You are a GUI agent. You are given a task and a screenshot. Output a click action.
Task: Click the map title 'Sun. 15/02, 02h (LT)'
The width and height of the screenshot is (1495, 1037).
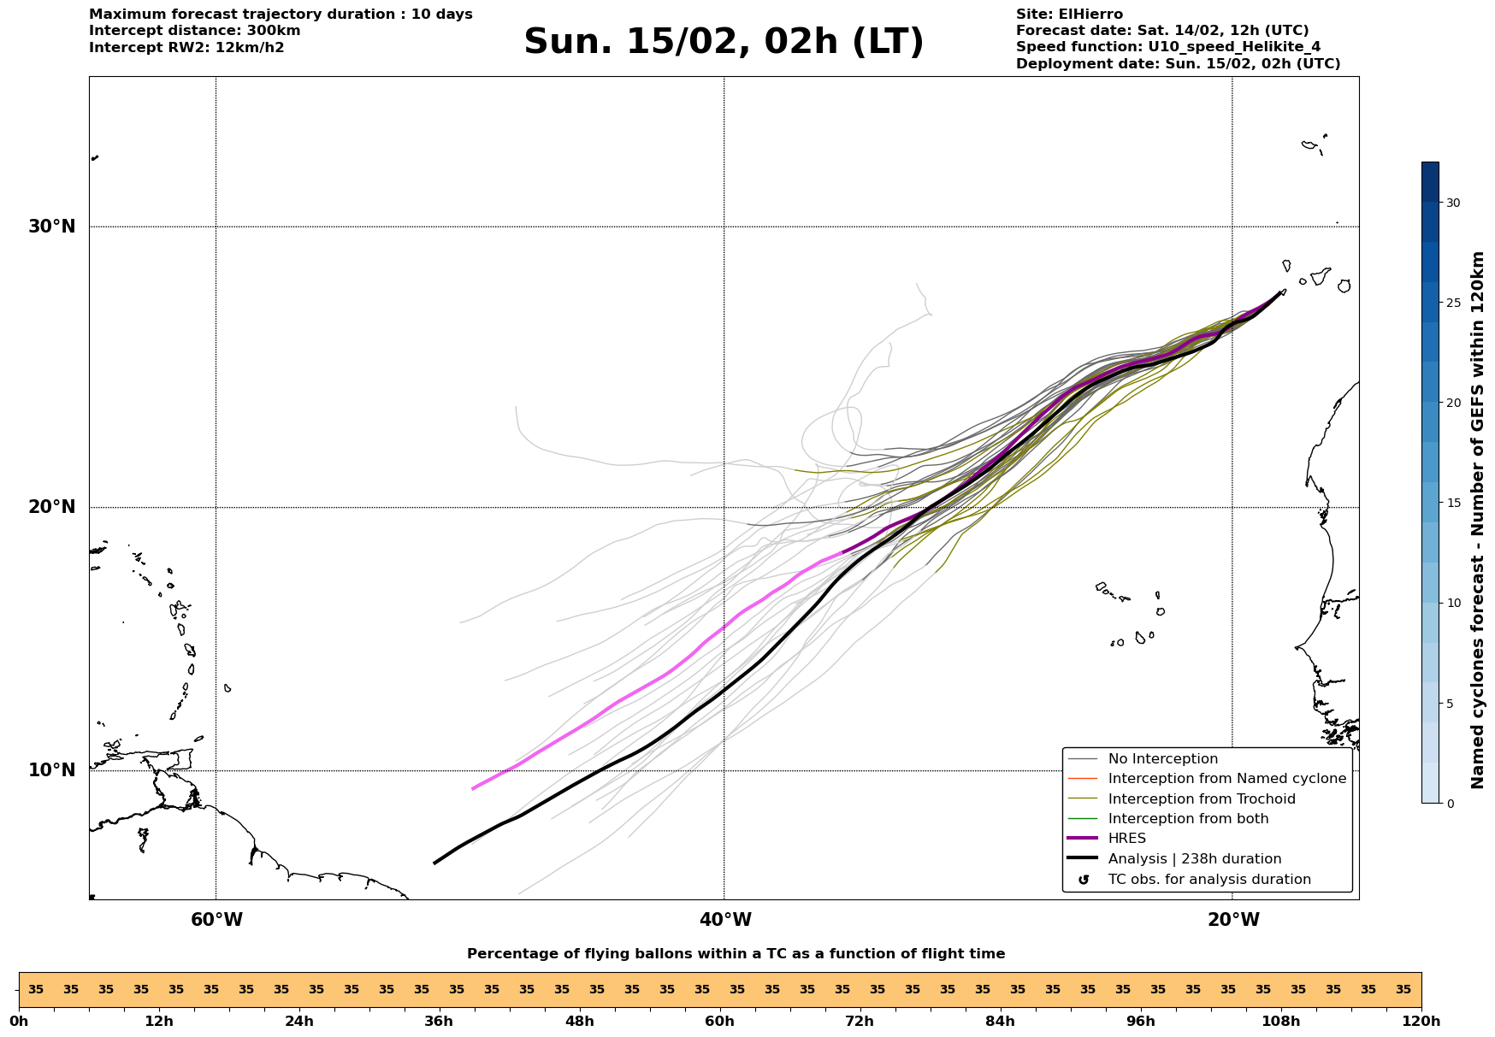pos(724,42)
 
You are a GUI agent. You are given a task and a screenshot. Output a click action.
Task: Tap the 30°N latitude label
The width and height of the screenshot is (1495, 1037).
pos(51,227)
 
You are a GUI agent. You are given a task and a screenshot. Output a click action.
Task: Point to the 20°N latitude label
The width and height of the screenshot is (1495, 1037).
pos(51,507)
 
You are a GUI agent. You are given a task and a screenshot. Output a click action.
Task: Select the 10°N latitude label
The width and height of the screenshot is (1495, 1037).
pos(51,770)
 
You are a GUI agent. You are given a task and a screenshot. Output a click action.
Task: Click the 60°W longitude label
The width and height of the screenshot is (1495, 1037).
pos(216,920)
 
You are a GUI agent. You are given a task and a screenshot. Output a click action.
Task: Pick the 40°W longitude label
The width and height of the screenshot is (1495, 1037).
pos(725,920)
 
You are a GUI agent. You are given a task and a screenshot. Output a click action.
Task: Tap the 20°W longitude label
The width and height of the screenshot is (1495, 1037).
pos(1233,920)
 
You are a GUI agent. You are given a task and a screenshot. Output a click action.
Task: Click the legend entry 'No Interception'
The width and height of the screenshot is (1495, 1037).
pos(1162,759)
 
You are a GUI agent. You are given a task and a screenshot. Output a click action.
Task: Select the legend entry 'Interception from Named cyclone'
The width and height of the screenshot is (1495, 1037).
pos(1226,779)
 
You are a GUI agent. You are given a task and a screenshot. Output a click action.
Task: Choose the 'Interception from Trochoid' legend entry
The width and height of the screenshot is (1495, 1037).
pos(1201,799)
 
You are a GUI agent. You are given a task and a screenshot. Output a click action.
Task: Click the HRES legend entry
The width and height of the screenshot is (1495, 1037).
pos(1126,839)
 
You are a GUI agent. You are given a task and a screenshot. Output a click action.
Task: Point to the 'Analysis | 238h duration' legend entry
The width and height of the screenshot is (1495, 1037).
pos(1194,859)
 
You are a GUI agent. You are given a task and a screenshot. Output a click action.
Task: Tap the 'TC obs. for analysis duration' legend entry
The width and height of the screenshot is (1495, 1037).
pos(1208,880)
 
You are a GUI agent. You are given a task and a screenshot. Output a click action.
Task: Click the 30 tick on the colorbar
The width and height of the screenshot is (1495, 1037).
pos(1452,203)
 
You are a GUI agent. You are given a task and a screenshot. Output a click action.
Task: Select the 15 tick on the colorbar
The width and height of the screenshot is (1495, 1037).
pos(1452,503)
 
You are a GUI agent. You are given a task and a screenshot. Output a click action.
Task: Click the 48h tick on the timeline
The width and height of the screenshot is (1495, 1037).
pos(579,1021)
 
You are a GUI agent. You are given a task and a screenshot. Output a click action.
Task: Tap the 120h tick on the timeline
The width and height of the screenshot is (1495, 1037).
pos(1421,1021)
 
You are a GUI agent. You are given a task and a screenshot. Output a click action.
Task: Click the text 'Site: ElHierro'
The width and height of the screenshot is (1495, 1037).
pos(1069,15)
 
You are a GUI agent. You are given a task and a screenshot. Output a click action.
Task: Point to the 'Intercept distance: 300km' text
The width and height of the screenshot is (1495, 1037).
pos(194,31)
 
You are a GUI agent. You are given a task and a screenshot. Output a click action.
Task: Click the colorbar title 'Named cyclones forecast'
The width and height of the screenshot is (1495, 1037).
pos(1477,520)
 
